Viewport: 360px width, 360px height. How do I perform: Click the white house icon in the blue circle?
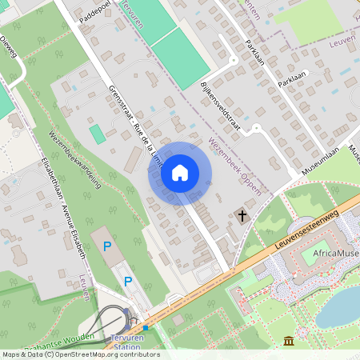click(180, 171)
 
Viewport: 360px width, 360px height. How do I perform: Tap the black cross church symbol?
click(242, 214)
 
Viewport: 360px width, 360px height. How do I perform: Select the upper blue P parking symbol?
click(106, 246)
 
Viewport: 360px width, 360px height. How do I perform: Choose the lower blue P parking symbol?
click(127, 282)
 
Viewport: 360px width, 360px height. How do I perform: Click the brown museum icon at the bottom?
click(288, 342)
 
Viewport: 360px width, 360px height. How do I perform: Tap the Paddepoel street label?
click(96, 12)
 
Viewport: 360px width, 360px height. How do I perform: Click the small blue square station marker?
click(146, 327)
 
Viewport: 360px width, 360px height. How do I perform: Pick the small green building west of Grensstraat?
click(97, 134)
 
